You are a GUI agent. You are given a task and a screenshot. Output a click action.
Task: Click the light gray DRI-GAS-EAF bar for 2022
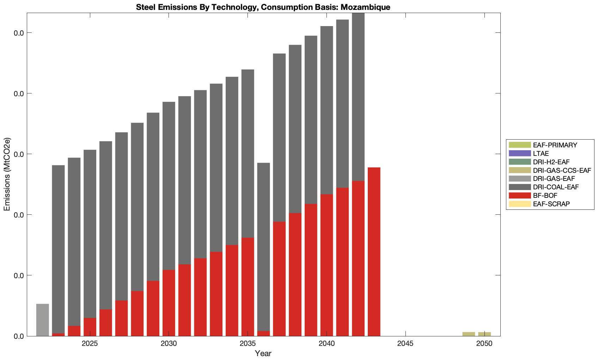[43, 320]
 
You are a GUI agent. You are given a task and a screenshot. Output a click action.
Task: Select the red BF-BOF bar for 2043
[374, 251]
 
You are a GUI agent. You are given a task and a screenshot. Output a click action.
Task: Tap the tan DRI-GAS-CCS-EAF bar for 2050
[484, 334]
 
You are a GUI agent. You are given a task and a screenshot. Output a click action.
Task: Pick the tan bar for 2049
[469, 334]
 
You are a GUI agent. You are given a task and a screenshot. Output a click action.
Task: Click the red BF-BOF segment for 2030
[169, 303]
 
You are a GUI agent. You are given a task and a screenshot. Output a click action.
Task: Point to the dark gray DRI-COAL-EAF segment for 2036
[264, 247]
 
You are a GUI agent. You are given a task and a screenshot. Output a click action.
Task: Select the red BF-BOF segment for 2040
[327, 265]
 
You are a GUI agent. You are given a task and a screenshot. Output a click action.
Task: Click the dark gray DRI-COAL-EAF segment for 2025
[90, 234]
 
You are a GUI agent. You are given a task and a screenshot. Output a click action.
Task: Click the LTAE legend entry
[541, 153]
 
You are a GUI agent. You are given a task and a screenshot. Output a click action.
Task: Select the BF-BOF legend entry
[545, 195]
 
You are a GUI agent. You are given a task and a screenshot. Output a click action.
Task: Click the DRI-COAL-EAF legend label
[556, 187]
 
